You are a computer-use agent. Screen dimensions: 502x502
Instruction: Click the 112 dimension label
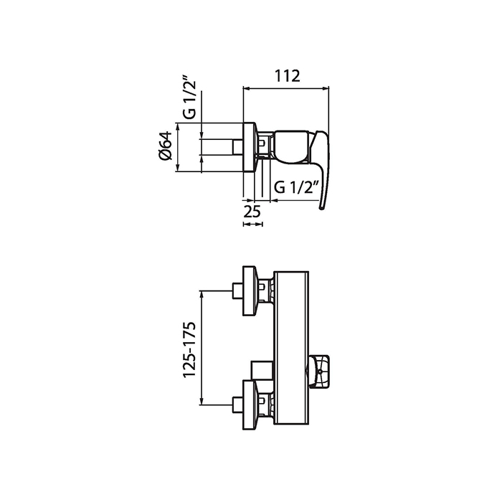coord(287,76)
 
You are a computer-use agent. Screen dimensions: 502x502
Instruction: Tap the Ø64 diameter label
coord(166,146)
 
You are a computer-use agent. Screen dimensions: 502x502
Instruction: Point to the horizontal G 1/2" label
coord(296,187)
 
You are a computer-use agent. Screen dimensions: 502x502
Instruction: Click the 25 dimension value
coord(252,212)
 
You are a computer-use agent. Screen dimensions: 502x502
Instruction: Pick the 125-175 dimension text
coord(189,350)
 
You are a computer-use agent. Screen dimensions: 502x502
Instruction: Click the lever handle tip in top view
coord(323,207)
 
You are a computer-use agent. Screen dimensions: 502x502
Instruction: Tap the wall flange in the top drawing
coord(250,147)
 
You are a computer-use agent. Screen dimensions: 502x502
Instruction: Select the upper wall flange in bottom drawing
coord(250,290)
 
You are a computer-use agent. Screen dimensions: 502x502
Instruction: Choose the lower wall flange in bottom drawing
coord(250,404)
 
